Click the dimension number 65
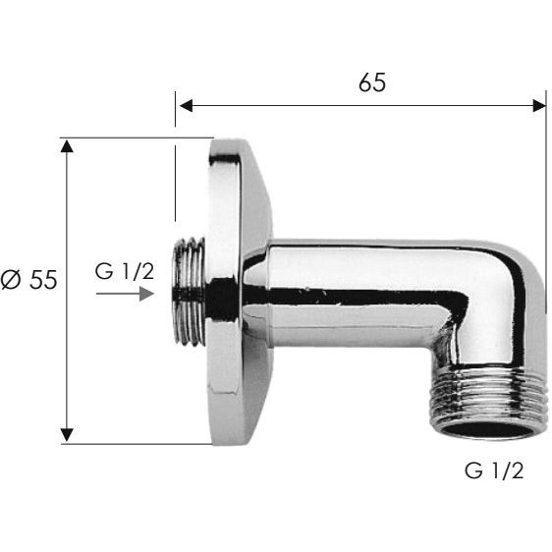372,83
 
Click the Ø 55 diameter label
28,280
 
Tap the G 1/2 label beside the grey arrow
125,271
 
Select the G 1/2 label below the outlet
494,470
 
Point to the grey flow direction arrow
125,294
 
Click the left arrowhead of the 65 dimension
186,106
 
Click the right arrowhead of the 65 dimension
539,106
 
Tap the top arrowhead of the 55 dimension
67,145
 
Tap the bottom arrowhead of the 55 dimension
67,435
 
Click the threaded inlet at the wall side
189,291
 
